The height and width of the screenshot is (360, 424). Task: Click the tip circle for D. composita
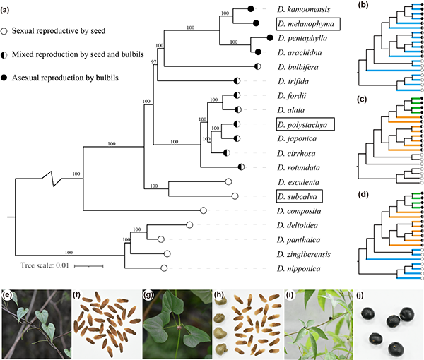203,210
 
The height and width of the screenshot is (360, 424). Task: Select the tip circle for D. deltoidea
189,225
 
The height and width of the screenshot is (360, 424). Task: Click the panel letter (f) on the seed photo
79,291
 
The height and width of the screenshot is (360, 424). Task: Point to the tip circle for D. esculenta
228,181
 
